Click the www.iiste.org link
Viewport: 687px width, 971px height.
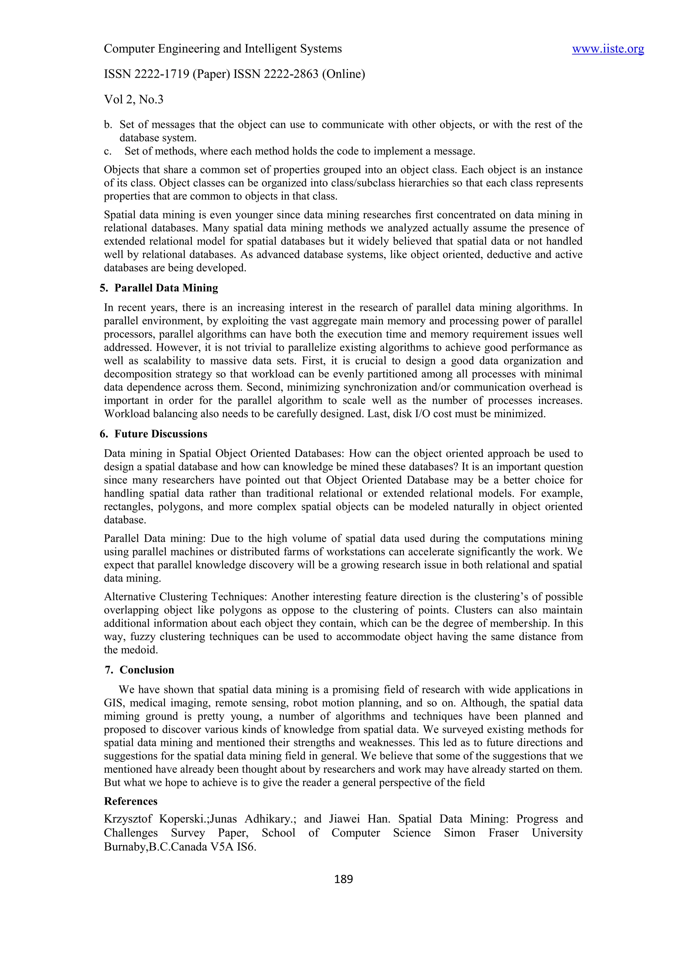607,50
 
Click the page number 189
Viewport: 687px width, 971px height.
343,879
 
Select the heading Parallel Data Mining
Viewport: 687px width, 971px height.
166,288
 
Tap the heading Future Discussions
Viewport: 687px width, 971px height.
161,434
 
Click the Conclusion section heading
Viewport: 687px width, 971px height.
147,670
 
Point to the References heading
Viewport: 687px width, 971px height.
131,801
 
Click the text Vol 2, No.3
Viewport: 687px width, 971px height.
134,100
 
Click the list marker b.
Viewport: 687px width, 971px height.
108,125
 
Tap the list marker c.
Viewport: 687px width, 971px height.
108,152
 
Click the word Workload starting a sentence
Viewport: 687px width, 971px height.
127,414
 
